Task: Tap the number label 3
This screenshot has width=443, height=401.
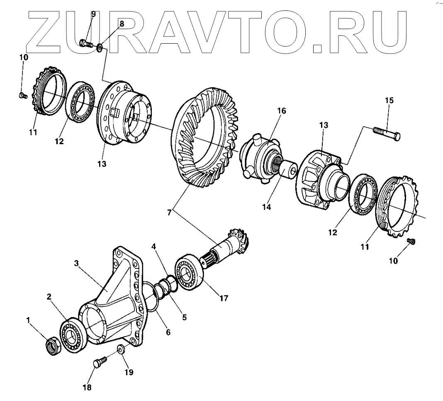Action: pos(76,263)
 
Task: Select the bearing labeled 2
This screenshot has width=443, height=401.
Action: pos(73,331)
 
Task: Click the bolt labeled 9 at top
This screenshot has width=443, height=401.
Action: pos(86,43)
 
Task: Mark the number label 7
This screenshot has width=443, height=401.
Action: pos(169,213)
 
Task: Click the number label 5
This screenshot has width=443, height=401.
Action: pos(184,317)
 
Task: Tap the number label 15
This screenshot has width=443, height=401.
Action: pos(389,101)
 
